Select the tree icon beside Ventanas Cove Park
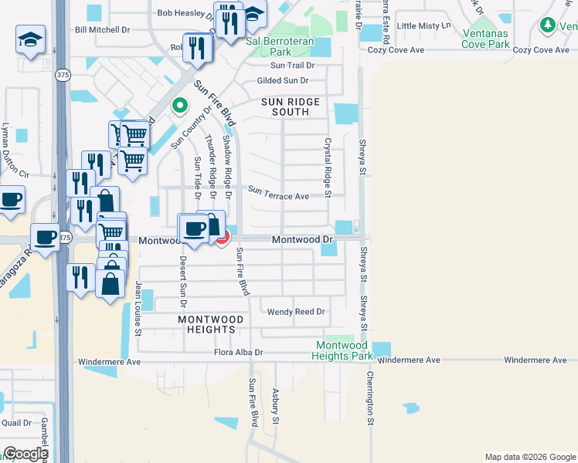click(548, 25)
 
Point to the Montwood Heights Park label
click(342, 351)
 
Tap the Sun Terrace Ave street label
click(278, 196)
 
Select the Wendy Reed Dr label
click(296, 313)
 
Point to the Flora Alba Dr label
click(239, 353)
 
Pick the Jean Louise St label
click(139, 309)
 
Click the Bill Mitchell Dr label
click(103, 30)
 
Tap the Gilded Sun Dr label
click(283, 80)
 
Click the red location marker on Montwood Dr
click(222, 238)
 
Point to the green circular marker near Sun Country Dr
click(180, 106)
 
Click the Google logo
click(25, 454)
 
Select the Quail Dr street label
click(16, 423)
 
